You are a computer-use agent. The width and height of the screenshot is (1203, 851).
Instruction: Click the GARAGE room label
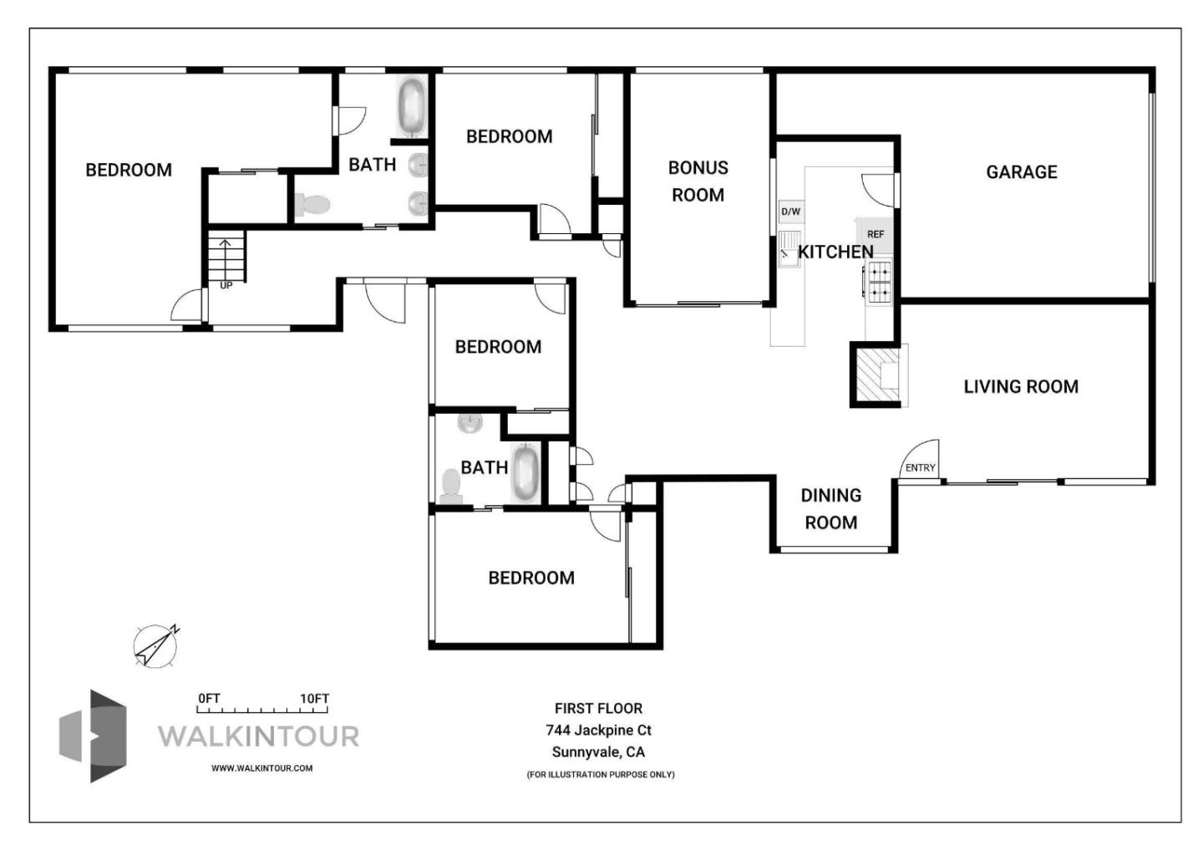(1021, 172)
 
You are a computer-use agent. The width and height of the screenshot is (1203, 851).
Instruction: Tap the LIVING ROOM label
(1020, 387)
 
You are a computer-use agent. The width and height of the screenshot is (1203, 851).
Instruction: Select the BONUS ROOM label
(698, 181)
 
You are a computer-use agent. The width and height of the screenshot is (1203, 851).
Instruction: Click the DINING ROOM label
(830, 508)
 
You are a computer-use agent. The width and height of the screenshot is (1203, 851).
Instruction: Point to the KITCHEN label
(835, 252)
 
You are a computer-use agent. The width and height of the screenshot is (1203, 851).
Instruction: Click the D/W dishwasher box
(790, 211)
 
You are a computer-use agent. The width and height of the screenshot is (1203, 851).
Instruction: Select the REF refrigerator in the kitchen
(875, 235)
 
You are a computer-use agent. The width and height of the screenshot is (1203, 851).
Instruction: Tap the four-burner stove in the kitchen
(878, 282)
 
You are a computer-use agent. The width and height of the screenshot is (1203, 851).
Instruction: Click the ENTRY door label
(920, 468)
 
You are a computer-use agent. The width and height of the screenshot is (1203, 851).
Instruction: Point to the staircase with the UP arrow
(226, 258)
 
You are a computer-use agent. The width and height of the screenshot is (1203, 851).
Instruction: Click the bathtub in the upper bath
(411, 106)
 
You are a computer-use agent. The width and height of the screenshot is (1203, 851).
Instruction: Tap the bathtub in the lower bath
(525, 473)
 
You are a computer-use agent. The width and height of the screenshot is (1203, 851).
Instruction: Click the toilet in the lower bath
(451, 485)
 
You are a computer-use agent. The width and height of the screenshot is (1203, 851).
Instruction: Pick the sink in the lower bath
(470, 423)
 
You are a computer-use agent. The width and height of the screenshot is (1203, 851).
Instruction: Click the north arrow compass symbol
(155, 646)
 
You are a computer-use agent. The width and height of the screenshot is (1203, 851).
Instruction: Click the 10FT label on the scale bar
(315, 699)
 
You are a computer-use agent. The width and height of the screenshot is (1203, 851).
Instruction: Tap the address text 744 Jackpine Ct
(598, 730)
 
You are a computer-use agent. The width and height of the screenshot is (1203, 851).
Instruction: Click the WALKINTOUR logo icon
(93, 736)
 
